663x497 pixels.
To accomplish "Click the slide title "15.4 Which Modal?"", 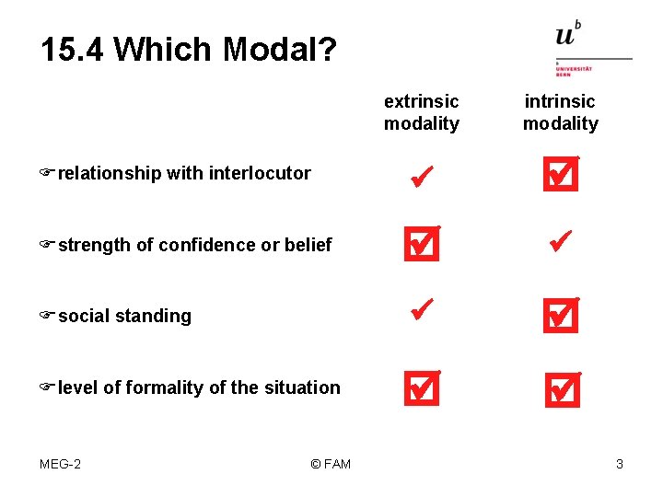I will pyautogui.click(x=188, y=50).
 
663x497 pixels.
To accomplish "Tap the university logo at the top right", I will pyautogui.click(x=592, y=49).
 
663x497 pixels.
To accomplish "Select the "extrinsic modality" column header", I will pyautogui.click(x=421, y=112).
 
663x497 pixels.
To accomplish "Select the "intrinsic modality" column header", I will pyautogui.click(x=560, y=112).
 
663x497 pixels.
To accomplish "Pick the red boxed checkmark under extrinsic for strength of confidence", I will pyautogui.click(x=421, y=244).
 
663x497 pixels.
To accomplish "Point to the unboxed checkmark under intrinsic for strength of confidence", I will pyautogui.click(x=560, y=242).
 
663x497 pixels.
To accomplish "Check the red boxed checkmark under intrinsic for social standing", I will pyautogui.click(x=560, y=316).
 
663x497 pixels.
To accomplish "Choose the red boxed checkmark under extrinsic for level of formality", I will pyautogui.click(x=421, y=388).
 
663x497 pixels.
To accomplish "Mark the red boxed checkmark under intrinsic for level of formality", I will pyautogui.click(x=560, y=388).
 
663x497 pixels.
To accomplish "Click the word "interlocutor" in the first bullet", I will pyautogui.click(x=260, y=173).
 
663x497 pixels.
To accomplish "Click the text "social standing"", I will pyautogui.click(x=124, y=317).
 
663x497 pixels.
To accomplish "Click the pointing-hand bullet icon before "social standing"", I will pyautogui.click(x=47, y=316).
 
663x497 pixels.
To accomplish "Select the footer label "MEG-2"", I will pyautogui.click(x=60, y=464).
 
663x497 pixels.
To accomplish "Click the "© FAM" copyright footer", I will pyautogui.click(x=331, y=464).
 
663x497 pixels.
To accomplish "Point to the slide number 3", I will pyautogui.click(x=619, y=464).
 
